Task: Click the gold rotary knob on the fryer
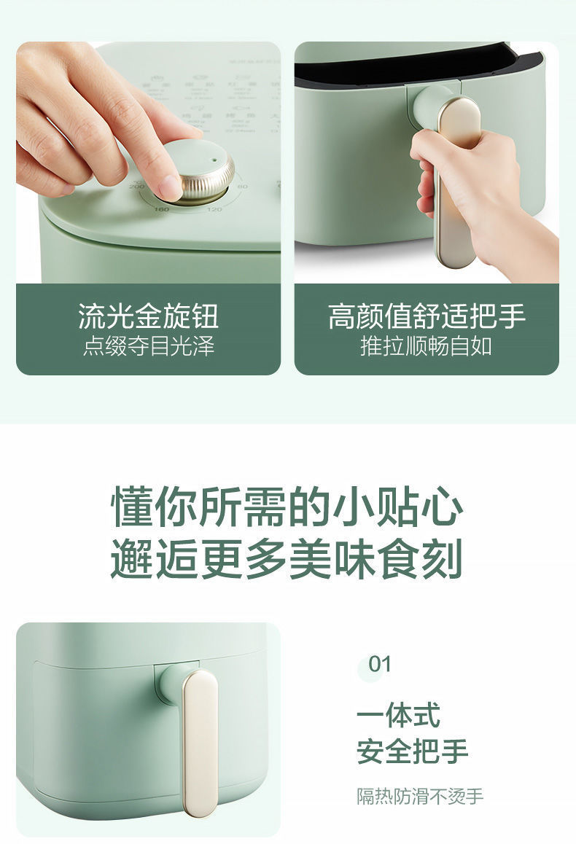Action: [198, 173]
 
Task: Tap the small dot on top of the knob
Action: [214, 158]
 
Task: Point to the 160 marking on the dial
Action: [161, 209]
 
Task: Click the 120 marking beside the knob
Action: [214, 210]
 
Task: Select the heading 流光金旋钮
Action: [148, 317]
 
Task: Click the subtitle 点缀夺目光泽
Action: [148, 346]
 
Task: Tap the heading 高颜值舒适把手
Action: [427, 317]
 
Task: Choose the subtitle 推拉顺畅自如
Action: [427, 346]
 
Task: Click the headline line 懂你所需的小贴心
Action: [287, 508]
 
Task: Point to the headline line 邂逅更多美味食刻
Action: [287, 560]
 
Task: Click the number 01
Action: [380, 664]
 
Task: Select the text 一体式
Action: [398, 715]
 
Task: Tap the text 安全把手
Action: [412, 751]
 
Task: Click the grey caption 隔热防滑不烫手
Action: [420, 797]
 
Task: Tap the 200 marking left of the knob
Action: [136, 187]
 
